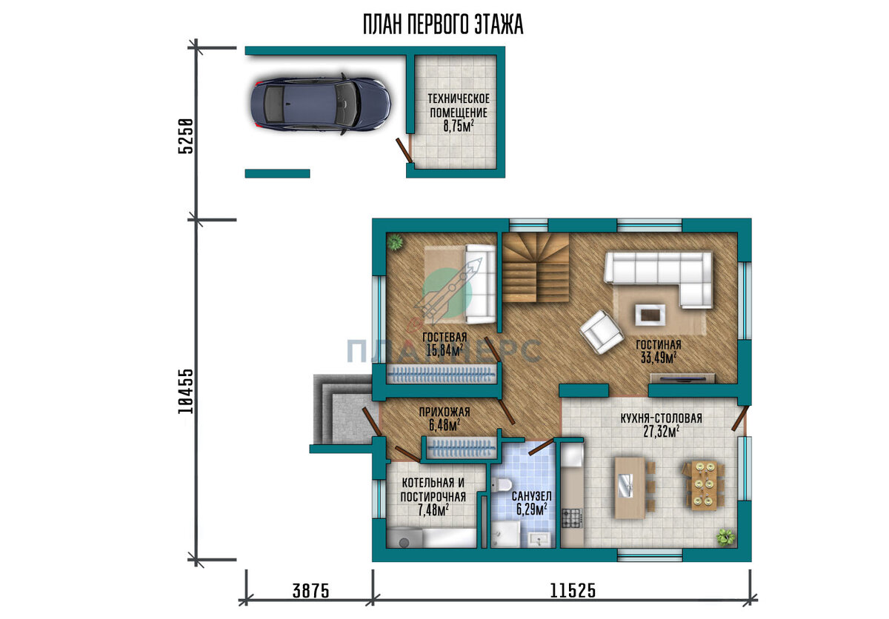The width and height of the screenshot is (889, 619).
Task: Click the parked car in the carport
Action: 320,104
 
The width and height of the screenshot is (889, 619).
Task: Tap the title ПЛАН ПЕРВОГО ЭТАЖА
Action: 443,24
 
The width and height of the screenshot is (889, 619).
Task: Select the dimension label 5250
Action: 186,135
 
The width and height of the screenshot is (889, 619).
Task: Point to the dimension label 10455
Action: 186,392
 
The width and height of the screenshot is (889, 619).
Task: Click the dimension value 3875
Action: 310,592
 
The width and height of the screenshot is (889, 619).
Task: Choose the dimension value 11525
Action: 573,591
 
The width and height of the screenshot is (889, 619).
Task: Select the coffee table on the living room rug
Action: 650,315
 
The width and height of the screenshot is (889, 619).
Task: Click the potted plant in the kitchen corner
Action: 726,538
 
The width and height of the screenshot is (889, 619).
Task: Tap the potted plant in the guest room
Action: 395,242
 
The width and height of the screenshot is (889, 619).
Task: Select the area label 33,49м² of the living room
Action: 659,358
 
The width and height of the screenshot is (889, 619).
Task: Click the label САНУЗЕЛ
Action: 531,496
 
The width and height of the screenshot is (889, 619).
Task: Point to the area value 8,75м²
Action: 459,126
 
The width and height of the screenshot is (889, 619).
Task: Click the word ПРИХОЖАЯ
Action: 444,412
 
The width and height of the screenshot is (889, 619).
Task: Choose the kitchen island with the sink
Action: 630,488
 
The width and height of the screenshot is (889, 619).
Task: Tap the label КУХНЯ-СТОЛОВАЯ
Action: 661,418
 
